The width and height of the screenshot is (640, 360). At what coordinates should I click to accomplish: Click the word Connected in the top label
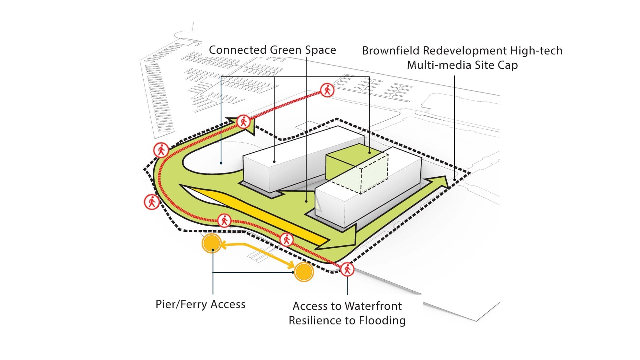[238, 50]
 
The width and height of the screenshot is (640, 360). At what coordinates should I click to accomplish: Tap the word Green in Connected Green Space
[285, 50]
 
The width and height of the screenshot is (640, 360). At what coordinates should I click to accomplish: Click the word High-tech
[536, 51]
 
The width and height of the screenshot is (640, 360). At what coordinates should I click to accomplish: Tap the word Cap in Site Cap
[507, 65]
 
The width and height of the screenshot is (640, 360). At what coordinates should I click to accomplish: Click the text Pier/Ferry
[181, 304]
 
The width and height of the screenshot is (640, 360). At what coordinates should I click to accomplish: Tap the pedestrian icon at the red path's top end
[327, 90]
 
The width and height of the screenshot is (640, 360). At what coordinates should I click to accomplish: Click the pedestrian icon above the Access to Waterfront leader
[347, 269]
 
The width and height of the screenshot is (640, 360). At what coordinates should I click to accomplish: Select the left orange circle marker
[212, 244]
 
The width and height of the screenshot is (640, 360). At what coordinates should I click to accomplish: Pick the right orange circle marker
[304, 272]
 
